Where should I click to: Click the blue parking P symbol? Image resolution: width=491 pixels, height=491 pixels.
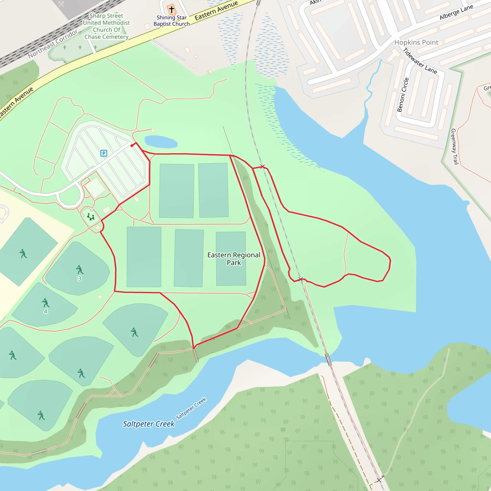104,153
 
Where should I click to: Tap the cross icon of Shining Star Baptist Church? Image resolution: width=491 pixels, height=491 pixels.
172,10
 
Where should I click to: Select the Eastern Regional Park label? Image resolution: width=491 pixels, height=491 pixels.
234,258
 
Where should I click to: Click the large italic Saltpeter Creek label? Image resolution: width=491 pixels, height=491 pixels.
149,424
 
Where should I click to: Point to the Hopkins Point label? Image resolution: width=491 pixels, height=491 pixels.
416,42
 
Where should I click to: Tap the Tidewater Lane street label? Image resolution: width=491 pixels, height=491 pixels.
420,61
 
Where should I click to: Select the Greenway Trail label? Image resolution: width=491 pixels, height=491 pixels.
454,147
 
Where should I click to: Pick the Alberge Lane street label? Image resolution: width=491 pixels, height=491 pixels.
456,12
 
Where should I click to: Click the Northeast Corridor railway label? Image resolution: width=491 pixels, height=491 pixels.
53,44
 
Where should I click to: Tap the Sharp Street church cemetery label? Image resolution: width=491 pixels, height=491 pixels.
106,26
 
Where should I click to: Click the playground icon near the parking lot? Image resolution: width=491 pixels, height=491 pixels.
91,217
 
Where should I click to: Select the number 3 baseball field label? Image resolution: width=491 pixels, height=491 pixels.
80,279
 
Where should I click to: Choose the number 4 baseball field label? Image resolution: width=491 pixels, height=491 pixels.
46,311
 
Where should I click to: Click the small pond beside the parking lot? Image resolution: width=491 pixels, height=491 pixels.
161,141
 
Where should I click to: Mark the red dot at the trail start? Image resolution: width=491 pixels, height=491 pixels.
132,146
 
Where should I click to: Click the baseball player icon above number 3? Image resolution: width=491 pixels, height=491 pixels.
80,270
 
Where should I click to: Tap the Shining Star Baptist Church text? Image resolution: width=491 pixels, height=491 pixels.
172,21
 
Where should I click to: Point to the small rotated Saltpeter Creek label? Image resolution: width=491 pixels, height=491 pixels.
191,408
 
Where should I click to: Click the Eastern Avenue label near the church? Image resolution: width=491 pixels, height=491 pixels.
216,11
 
